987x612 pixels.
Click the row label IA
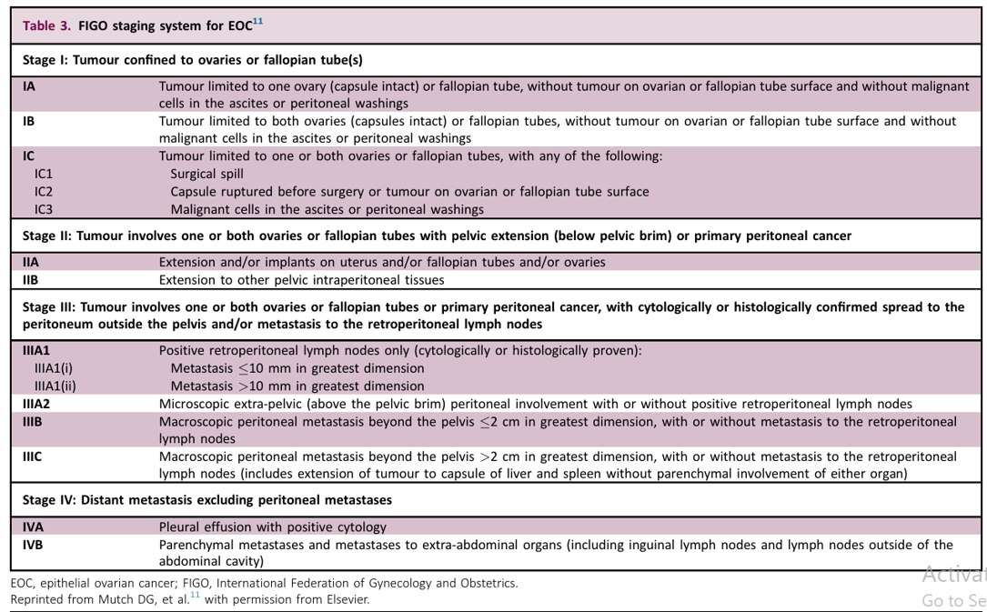click(29, 86)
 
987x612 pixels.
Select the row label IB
click(29, 121)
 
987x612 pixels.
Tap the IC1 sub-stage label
click(44, 174)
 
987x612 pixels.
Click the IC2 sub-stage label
click(44, 192)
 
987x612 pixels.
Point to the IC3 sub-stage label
click(44, 209)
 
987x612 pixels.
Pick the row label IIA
click(31, 262)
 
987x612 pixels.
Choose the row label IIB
click(31, 280)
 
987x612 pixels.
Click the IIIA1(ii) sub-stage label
click(55, 386)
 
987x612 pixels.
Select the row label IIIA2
click(36, 404)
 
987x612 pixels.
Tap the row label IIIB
click(33, 422)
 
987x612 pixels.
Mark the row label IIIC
click(33, 456)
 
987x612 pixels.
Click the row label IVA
click(33, 527)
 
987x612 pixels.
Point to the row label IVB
click(33, 545)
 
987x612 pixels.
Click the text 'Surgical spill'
click(206, 174)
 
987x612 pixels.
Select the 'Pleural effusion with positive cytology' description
click(272, 527)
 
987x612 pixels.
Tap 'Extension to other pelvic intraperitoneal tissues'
click(301, 280)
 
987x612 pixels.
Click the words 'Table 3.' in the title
click(46, 25)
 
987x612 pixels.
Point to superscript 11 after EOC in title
click(257, 21)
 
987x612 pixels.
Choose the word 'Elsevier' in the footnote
click(347, 599)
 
